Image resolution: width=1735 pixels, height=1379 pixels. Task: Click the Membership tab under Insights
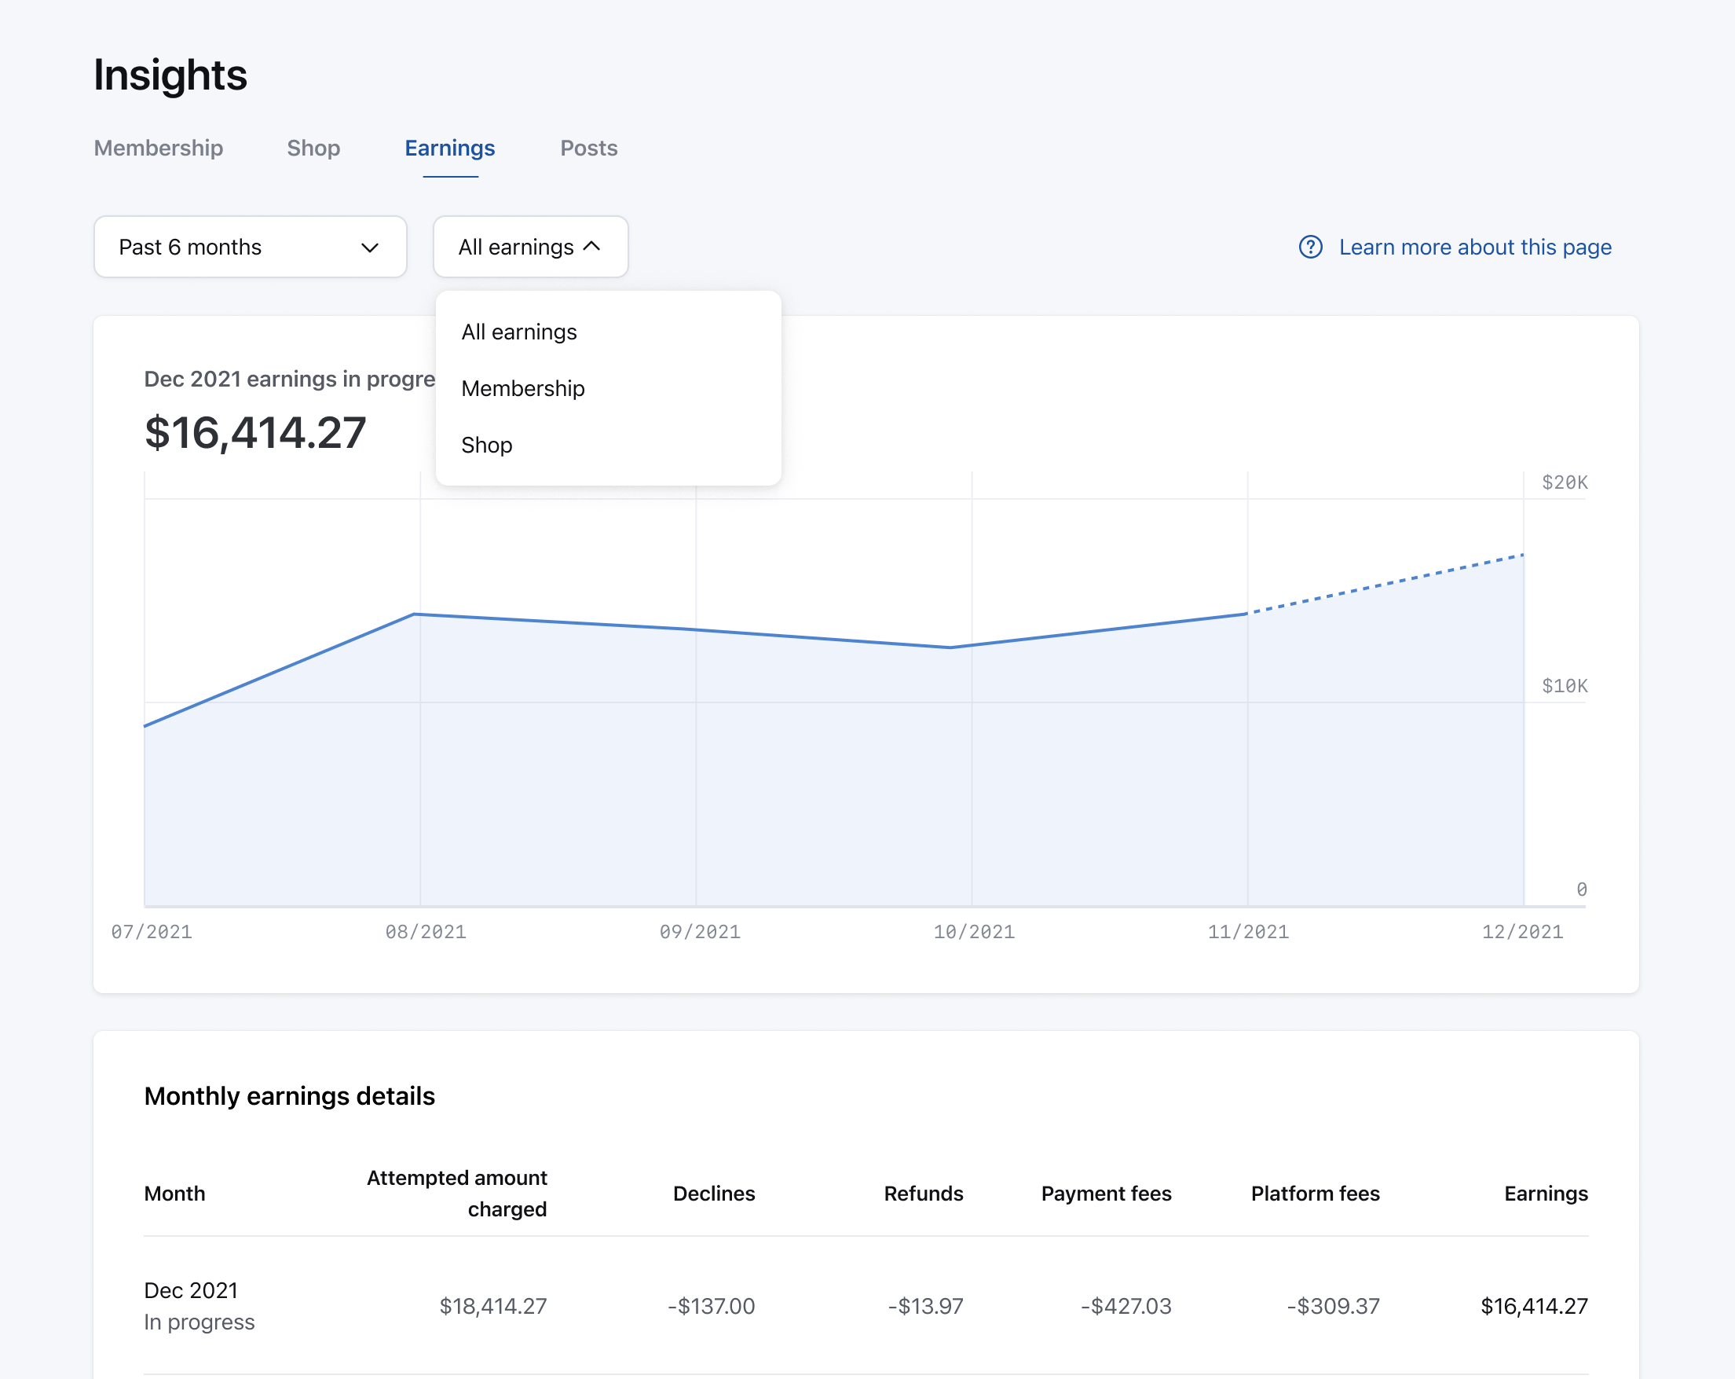(159, 149)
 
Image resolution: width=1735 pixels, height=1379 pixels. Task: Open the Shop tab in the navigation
(313, 149)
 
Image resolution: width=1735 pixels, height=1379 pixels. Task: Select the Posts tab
(588, 149)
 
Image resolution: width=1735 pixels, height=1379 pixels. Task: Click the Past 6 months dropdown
(250, 248)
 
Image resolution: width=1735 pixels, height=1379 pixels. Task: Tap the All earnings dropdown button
(529, 248)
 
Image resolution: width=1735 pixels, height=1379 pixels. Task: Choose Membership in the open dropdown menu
(522, 389)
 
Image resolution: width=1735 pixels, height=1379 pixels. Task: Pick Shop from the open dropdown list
(486, 446)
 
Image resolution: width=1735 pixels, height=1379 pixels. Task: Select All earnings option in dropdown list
(518, 332)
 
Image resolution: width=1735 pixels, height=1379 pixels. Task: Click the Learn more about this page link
(1474, 248)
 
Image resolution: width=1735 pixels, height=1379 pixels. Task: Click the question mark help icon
(1310, 248)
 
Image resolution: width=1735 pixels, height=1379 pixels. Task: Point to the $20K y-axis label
(1564, 483)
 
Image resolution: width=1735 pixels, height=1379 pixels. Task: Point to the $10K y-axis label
(1564, 687)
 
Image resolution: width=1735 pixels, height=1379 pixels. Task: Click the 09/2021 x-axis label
(699, 932)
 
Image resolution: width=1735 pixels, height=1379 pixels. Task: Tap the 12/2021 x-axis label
(1521, 932)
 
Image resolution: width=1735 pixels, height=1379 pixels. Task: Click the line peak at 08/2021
(415, 615)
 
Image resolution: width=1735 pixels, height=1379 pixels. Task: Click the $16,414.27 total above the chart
(255, 433)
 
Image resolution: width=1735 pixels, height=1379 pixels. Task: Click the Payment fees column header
(1106, 1194)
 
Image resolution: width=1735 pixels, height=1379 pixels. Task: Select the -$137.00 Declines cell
(711, 1306)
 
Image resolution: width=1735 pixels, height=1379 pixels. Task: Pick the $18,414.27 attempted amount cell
(492, 1306)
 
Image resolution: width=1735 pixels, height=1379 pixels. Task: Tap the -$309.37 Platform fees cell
(1333, 1306)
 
